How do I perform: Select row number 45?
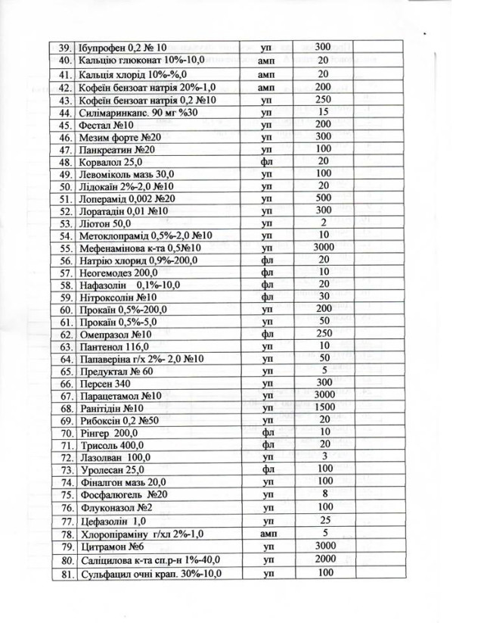pos(64,125)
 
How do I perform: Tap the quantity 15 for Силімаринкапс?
pos(323,111)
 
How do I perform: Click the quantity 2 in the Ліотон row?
pos(323,222)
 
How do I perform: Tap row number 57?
pos(64,273)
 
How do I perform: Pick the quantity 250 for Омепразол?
pos(324,333)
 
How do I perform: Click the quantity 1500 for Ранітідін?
pos(324,407)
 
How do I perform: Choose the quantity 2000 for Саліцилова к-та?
pos(324,559)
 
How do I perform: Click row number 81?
pos(64,574)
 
